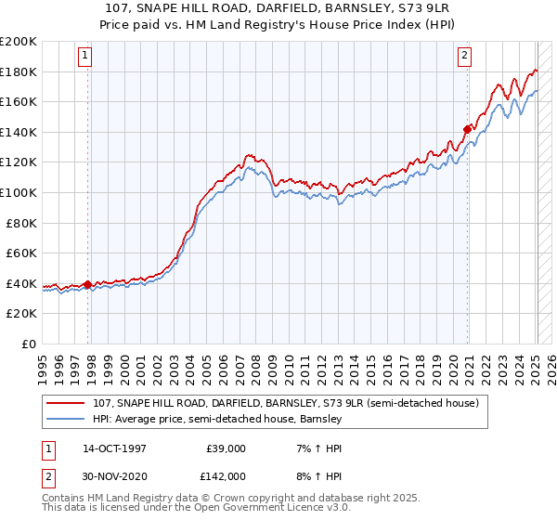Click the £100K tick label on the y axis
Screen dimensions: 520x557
pyautogui.click(x=19, y=192)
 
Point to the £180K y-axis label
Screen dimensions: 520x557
pyautogui.click(x=19, y=71)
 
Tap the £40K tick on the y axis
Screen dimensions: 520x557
pyautogui.click(x=21, y=283)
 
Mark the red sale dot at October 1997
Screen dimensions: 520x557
pyautogui.click(x=88, y=284)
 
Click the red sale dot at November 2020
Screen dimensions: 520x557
pyautogui.click(x=467, y=129)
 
